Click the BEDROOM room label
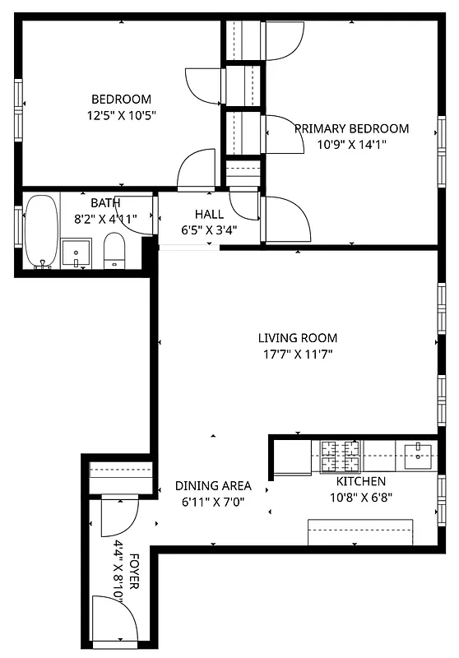[x=121, y=99]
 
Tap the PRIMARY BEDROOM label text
[x=351, y=128]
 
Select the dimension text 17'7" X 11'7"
[x=298, y=354]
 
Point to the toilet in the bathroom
[x=114, y=249]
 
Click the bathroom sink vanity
[x=76, y=253]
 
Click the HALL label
[x=210, y=214]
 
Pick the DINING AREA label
[x=213, y=485]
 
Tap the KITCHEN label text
[x=361, y=481]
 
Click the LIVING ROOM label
[x=298, y=337]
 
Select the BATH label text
[x=105, y=202]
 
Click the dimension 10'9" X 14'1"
[x=351, y=144]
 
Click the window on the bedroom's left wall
[x=17, y=104]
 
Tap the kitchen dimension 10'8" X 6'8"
[x=361, y=497]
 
